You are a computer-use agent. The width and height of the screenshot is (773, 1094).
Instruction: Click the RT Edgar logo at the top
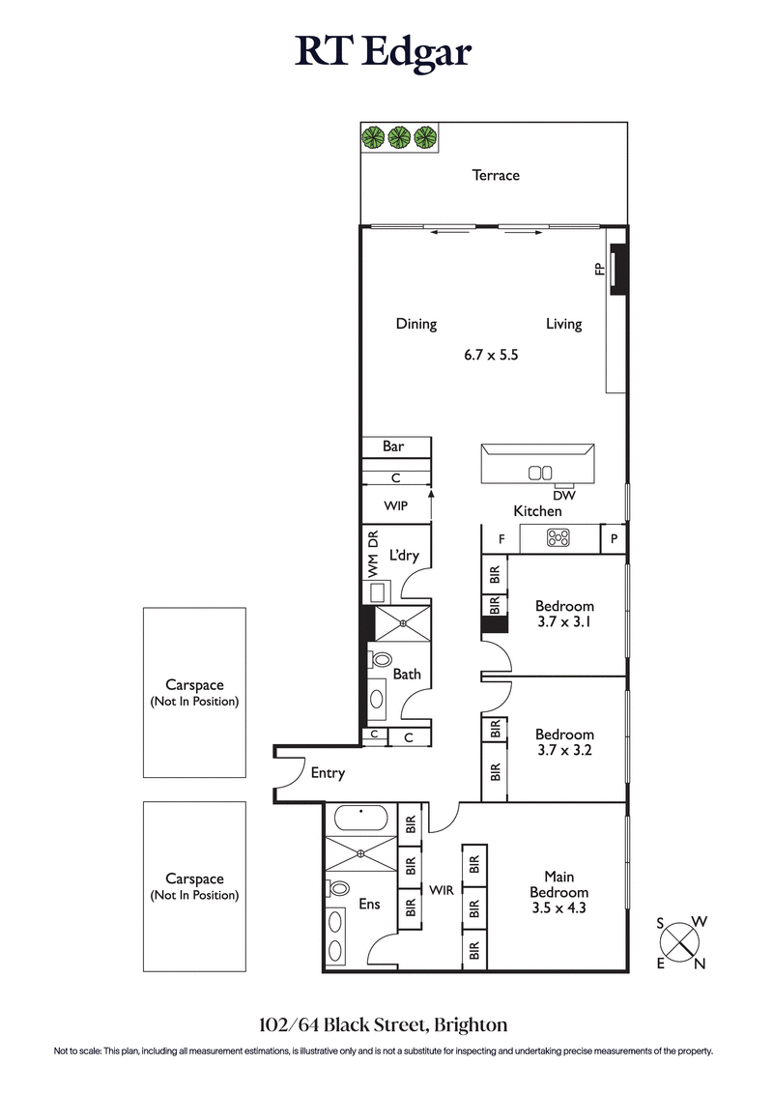click(384, 52)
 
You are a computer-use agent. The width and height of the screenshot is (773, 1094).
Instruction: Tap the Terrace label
click(495, 175)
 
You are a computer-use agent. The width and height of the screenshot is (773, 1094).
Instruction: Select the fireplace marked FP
click(618, 268)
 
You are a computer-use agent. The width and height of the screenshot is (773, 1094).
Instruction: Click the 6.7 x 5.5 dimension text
click(492, 355)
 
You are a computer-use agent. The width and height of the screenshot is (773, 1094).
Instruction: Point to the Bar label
click(393, 446)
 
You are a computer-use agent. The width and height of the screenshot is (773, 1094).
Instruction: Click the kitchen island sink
click(538, 473)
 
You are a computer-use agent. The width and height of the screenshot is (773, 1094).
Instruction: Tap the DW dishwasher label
click(564, 495)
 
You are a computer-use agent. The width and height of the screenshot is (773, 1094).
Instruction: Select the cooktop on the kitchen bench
click(558, 538)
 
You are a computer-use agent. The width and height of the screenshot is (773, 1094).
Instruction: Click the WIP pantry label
click(395, 505)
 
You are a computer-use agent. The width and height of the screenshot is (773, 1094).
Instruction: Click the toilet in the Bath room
click(380, 661)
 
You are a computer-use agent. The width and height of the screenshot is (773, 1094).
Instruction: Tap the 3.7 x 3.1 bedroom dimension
click(563, 623)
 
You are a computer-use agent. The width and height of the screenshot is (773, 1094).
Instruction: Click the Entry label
click(328, 773)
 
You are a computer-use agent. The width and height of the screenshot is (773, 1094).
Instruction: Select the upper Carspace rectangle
click(194, 692)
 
